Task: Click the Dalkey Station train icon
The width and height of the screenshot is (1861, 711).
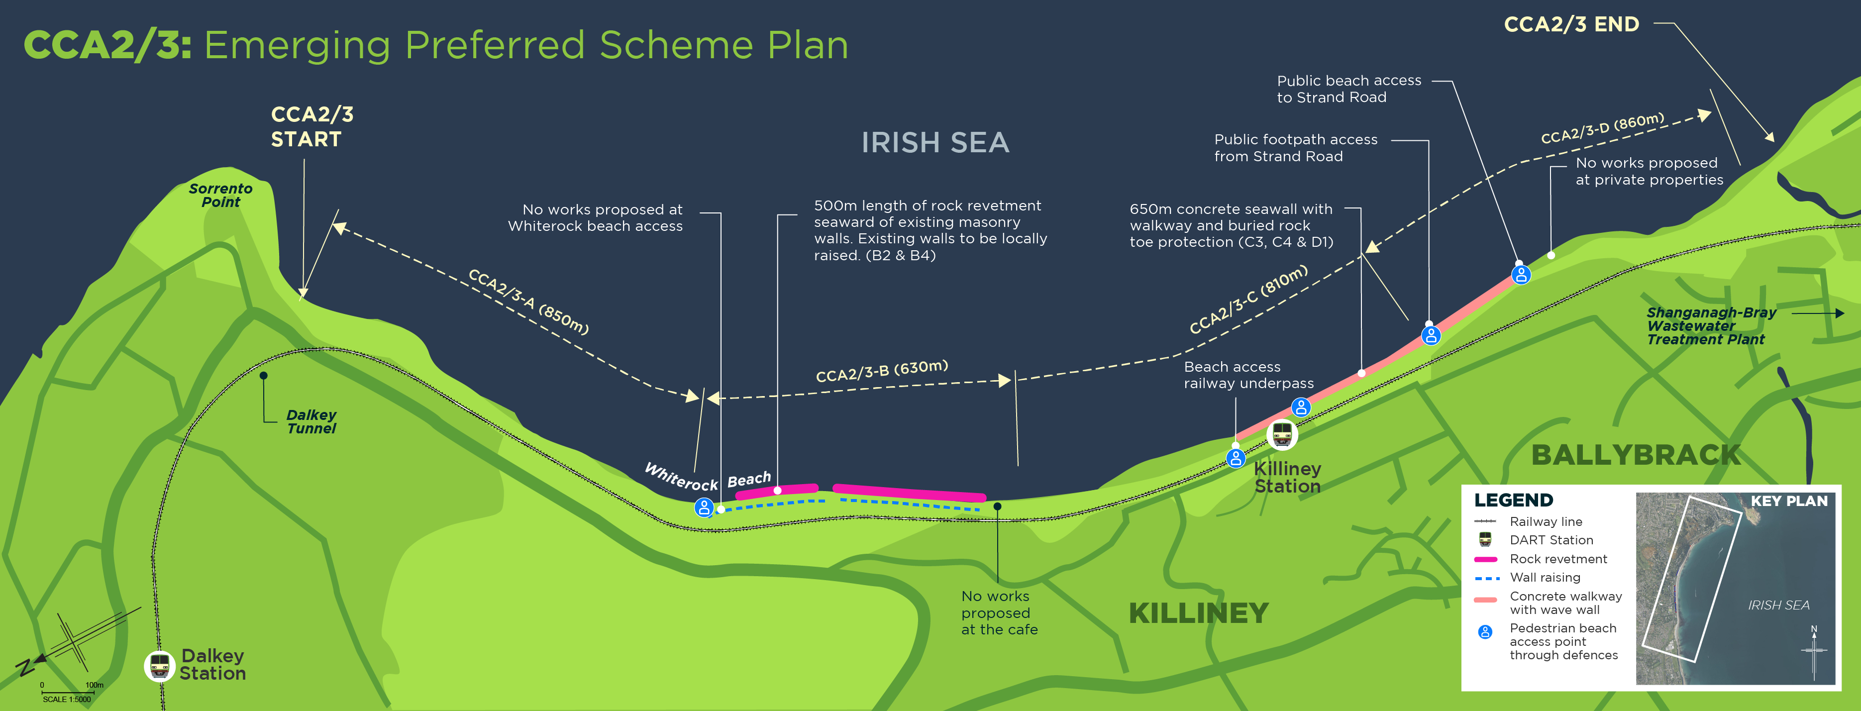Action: (160, 666)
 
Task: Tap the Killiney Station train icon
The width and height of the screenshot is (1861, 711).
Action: (1282, 434)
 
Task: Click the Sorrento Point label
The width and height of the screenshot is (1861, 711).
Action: (220, 195)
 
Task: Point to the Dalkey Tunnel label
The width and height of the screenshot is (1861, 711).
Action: (311, 421)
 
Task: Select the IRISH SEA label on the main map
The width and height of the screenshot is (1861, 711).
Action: (935, 142)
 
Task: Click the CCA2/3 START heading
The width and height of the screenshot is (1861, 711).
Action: (312, 126)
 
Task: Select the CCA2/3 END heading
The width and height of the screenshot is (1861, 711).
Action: (1571, 24)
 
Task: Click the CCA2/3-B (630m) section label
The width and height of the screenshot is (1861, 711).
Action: (881, 371)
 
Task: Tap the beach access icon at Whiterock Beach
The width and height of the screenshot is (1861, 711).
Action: (704, 507)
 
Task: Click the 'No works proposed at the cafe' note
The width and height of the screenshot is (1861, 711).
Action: (999, 612)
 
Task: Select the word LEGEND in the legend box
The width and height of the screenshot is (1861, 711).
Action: (1514, 500)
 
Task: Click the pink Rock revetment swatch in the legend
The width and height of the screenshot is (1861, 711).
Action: (1485, 559)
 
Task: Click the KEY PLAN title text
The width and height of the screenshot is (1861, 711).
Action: (1789, 501)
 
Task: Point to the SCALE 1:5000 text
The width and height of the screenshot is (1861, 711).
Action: (67, 700)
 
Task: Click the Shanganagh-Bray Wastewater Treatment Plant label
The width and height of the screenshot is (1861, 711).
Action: (1711, 326)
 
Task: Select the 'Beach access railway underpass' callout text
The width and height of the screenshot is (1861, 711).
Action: (1248, 375)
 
